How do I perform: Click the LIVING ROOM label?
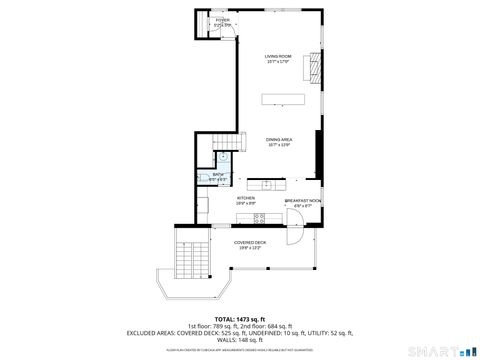277,58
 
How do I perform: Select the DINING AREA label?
279,142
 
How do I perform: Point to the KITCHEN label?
245,199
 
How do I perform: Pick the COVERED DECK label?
249,243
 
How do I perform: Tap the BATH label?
218,177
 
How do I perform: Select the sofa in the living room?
283,98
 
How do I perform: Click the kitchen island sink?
267,184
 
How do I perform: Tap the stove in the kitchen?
259,217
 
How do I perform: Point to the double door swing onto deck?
295,235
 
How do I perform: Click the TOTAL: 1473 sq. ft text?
239,318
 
